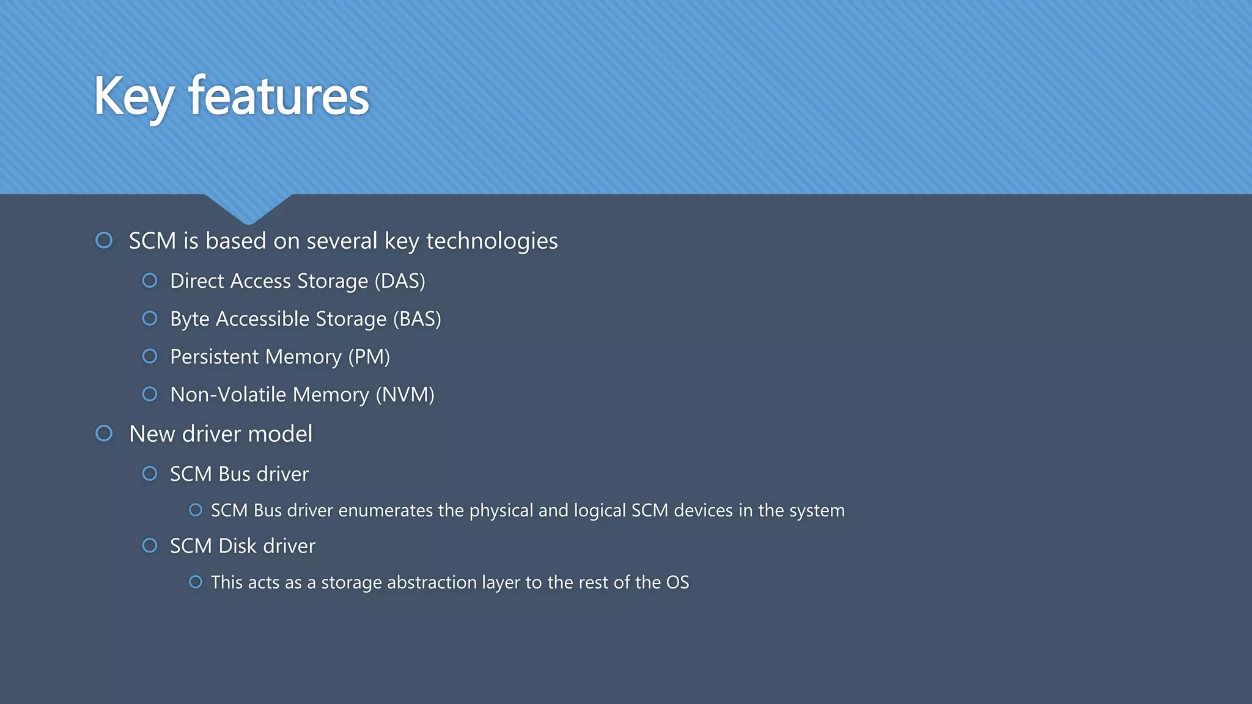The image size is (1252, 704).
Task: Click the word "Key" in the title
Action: point(134,97)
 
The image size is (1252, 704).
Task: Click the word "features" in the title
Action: point(279,97)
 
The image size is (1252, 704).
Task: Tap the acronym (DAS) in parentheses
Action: point(400,281)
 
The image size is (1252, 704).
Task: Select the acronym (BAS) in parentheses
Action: point(417,319)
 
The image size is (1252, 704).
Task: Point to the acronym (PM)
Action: point(369,357)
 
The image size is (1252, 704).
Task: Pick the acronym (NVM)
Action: point(405,395)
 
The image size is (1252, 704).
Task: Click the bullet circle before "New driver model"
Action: point(105,433)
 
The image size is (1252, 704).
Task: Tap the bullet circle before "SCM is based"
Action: point(105,240)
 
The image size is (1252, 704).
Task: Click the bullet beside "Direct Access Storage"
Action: point(150,280)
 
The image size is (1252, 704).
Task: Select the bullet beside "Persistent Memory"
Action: point(150,356)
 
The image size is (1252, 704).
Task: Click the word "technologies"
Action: point(492,241)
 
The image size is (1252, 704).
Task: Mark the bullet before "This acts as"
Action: point(196,582)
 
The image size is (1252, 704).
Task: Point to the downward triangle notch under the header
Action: point(248,208)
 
